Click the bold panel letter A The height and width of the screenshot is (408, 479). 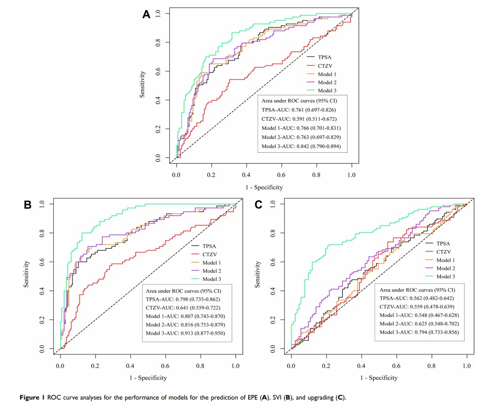coord(146,15)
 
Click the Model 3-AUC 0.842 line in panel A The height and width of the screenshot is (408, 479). coord(301,147)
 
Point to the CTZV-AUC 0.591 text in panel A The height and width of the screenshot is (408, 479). coord(299,118)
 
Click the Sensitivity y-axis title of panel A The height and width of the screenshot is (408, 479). coord(142,85)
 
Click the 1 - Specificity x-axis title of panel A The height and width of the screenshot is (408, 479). coord(264,187)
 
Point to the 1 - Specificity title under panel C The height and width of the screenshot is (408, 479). coord(379,377)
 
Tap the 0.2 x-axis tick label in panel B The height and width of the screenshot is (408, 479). coord(95,364)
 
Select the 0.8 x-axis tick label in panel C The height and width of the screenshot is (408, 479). coord(432,364)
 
